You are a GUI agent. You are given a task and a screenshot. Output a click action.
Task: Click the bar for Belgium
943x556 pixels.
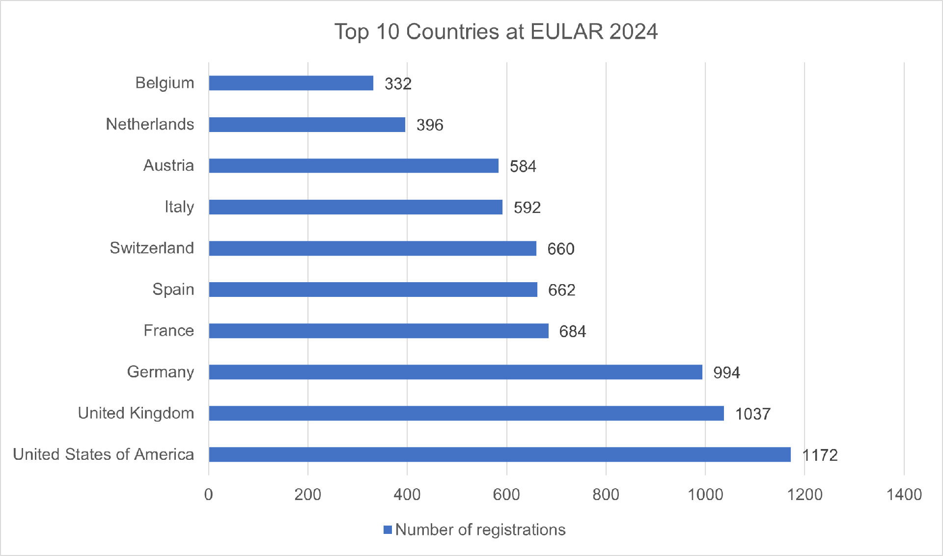291,83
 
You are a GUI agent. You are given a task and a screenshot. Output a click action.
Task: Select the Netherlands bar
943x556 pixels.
307,124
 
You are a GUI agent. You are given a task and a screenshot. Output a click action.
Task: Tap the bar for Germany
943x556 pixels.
455,372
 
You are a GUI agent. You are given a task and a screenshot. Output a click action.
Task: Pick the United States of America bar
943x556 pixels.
499,454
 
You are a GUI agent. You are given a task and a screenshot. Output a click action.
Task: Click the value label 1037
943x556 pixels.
752,414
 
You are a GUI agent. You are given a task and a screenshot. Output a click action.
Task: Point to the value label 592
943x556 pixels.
527,208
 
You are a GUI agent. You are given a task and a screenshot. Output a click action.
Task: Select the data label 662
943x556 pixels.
561,290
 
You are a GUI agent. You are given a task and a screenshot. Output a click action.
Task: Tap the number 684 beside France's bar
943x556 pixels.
572,332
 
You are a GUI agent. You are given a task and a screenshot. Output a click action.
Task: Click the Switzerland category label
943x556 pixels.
152,248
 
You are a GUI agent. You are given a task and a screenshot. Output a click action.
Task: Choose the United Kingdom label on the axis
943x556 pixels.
136,413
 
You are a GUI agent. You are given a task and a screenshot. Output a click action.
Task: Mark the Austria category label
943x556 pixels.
168,165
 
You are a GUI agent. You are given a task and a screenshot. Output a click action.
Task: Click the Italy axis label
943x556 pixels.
179,207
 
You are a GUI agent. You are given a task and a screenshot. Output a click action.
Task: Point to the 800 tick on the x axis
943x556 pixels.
606,495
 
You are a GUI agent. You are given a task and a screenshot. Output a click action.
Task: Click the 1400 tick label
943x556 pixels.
904,495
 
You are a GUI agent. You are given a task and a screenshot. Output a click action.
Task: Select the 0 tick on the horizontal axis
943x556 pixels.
209,495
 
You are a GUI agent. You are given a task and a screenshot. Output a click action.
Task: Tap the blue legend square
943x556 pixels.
388,530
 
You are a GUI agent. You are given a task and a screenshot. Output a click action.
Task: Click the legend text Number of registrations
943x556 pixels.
480,530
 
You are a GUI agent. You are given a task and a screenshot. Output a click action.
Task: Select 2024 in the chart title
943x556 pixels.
633,32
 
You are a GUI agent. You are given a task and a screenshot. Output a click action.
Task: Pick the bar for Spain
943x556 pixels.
373,290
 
